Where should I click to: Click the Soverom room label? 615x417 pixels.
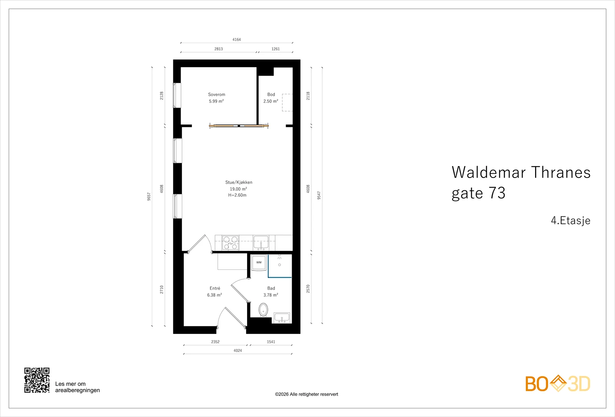[216, 95]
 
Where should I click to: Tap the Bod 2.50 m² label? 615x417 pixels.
[271, 98]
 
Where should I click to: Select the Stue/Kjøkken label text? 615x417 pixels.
[239, 182]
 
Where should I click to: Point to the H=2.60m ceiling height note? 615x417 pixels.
[237, 195]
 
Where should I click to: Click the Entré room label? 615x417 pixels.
[215, 288]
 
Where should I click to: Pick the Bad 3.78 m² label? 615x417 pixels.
[271, 292]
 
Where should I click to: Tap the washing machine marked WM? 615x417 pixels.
[259, 263]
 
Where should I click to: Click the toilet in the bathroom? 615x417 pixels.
[263, 310]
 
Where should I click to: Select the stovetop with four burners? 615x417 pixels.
[230, 243]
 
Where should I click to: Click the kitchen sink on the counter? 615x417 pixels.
[261, 243]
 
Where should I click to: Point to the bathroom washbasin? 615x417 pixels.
[282, 318]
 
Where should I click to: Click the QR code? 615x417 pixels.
[37, 380]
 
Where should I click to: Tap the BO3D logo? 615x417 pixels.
[558, 384]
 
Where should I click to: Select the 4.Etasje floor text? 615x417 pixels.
[570, 221]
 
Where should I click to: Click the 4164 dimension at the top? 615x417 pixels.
[237, 40]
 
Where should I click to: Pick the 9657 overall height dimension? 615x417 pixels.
[149, 196]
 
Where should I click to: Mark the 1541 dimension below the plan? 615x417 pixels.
[271, 342]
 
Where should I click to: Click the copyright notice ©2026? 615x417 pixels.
[306, 394]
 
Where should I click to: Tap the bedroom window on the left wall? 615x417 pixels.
[177, 95]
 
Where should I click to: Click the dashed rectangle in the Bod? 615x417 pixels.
[287, 102]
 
